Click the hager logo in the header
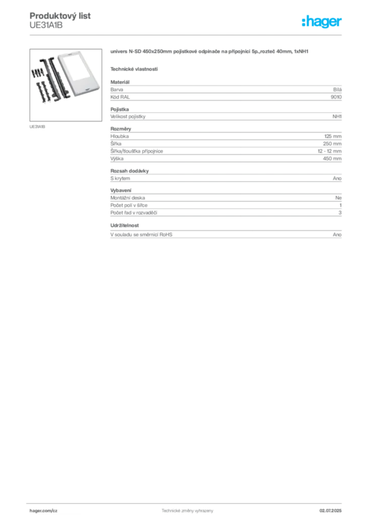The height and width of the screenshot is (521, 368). click(x=322, y=21)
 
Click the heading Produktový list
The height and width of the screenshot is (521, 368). click(x=60, y=16)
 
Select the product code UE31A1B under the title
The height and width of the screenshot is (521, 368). click(x=46, y=25)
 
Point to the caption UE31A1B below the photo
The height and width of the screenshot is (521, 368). click(x=37, y=127)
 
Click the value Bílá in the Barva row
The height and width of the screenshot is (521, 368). click(x=337, y=90)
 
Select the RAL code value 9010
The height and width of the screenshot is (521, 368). click(x=336, y=97)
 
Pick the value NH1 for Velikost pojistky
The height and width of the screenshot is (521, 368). click(x=337, y=117)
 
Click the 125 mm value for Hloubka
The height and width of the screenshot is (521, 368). click(x=333, y=136)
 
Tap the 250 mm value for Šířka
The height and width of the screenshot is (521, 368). click(x=332, y=143)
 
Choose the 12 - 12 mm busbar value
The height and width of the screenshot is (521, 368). click(x=329, y=151)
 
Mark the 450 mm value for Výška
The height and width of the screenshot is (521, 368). click(x=332, y=159)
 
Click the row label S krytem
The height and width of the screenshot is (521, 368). click(x=120, y=179)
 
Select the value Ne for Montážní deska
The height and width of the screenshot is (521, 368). click(x=339, y=198)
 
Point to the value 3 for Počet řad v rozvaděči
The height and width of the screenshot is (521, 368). click(x=340, y=213)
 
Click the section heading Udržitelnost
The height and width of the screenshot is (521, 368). click(x=125, y=225)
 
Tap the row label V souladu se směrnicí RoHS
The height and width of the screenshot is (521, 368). click(x=141, y=235)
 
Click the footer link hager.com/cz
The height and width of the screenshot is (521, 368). click(x=44, y=511)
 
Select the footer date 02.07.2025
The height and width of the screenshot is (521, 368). click(x=330, y=511)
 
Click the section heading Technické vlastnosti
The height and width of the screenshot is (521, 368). click(x=134, y=69)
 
